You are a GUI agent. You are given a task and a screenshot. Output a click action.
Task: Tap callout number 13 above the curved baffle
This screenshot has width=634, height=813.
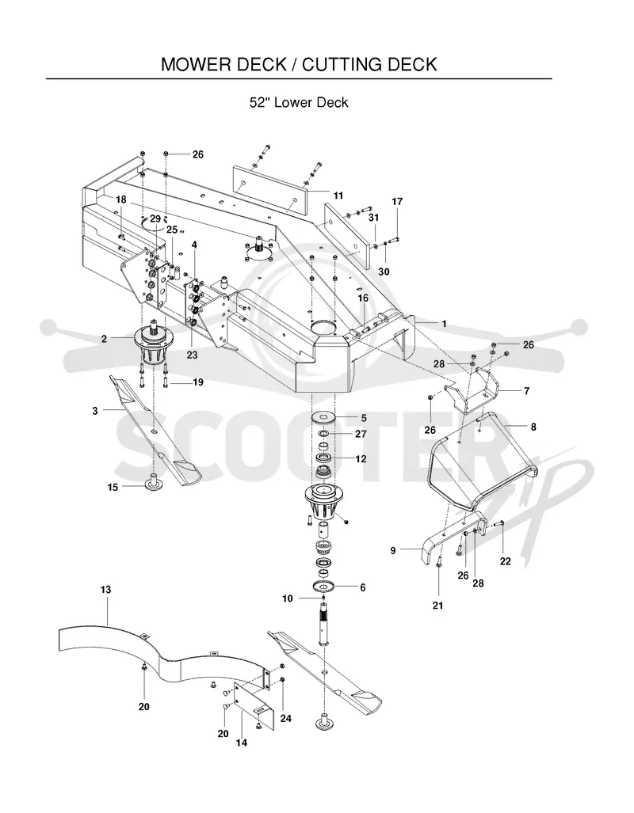coord(106,590)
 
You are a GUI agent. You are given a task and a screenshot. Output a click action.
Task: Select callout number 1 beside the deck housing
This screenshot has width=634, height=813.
coord(444,324)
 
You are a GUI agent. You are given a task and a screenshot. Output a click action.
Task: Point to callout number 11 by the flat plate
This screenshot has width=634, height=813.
coord(338,196)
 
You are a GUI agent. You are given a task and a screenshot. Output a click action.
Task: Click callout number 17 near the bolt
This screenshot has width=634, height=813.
coord(397,201)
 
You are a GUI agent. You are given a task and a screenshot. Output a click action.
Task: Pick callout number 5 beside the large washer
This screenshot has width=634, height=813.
coord(364,418)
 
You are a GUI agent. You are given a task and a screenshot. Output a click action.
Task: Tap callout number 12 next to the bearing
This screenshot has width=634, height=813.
coord(361,459)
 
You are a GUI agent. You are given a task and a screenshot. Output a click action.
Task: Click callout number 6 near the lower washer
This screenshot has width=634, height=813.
coord(363,587)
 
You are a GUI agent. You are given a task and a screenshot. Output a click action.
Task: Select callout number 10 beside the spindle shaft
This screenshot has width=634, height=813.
coord(288,598)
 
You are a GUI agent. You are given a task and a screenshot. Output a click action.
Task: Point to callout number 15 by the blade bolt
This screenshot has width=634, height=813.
coord(113,488)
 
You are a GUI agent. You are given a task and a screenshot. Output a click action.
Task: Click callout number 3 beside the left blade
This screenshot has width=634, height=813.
coord(95,411)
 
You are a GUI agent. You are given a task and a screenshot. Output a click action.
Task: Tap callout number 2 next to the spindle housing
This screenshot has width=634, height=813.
coord(105,339)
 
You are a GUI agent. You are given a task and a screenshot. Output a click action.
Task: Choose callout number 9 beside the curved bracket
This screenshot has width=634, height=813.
coord(393,551)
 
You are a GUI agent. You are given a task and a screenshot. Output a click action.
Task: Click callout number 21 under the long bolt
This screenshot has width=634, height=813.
coord(438,605)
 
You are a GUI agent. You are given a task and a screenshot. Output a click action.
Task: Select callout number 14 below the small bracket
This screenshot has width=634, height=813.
coord(242,743)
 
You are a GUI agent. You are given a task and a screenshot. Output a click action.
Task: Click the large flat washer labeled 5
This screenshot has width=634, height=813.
coord(324,417)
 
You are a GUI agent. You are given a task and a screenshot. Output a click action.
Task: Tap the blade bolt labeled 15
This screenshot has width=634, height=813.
coord(155,482)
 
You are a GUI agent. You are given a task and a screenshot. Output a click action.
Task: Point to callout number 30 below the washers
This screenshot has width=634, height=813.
coord(384,272)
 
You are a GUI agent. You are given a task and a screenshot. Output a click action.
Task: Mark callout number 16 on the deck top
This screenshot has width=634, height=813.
coord(363,298)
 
